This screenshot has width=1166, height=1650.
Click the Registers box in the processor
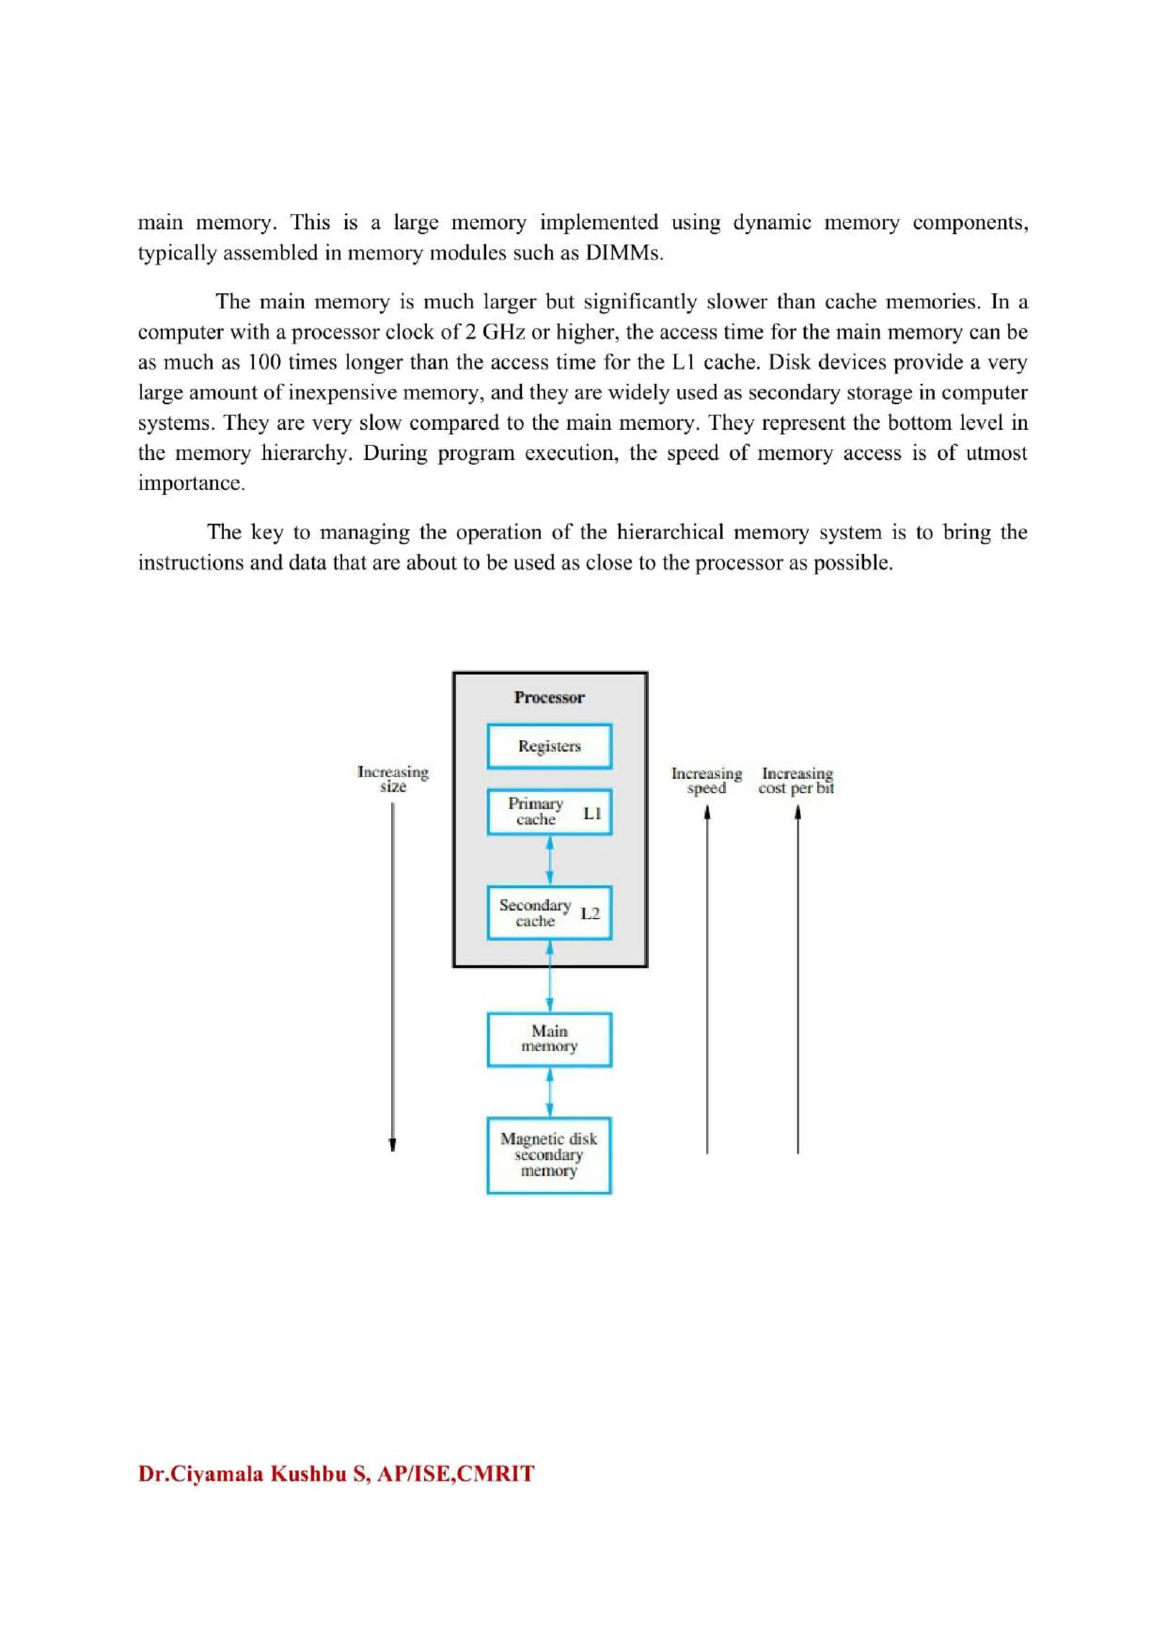(x=549, y=746)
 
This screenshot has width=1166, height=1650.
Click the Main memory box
(x=549, y=1039)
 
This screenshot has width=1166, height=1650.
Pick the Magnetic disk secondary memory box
(x=549, y=1155)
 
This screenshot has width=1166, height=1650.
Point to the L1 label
(x=592, y=814)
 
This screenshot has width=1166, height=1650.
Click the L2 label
(x=590, y=913)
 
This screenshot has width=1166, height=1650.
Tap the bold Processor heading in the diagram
(x=549, y=697)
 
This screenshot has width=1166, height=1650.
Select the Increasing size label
(x=393, y=779)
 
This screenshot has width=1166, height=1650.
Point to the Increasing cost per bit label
(x=796, y=781)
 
